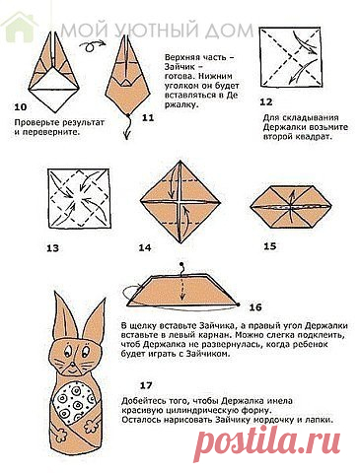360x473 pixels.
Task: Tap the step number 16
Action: pos(254,307)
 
